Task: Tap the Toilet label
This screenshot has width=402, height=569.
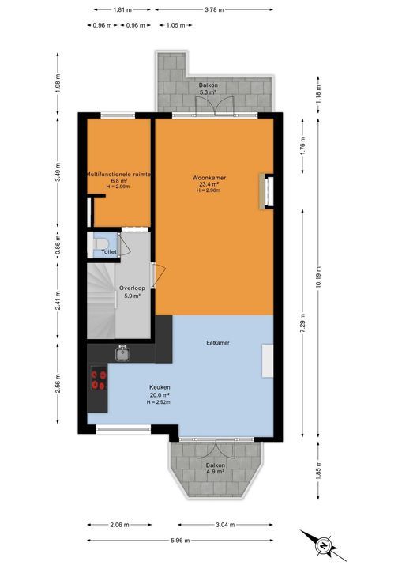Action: [109, 252]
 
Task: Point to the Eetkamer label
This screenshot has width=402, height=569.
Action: [217, 343]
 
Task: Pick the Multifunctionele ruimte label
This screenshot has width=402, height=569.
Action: [119, 173]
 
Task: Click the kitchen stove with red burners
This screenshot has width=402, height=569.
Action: [99, 379]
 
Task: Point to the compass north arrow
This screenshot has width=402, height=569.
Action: [322, 544]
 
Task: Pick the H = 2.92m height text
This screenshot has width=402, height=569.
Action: [160, 402]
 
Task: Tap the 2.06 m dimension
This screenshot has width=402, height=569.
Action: [118, 523]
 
